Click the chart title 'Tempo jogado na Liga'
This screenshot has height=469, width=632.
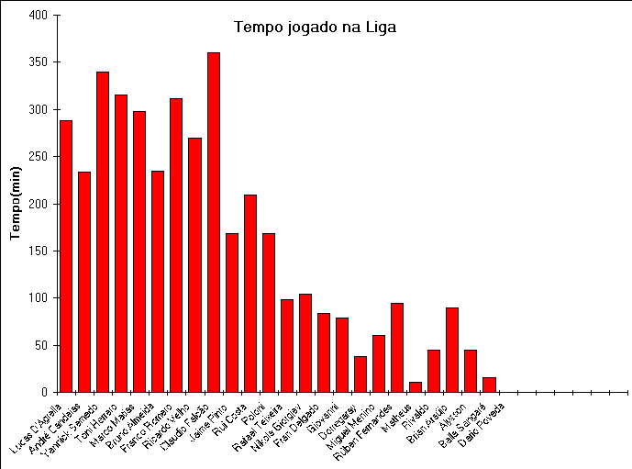315,28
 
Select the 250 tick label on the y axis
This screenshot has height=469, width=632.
40,157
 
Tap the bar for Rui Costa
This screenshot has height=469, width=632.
250,293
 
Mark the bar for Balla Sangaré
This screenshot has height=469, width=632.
489,385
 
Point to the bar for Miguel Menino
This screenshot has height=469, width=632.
379,363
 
